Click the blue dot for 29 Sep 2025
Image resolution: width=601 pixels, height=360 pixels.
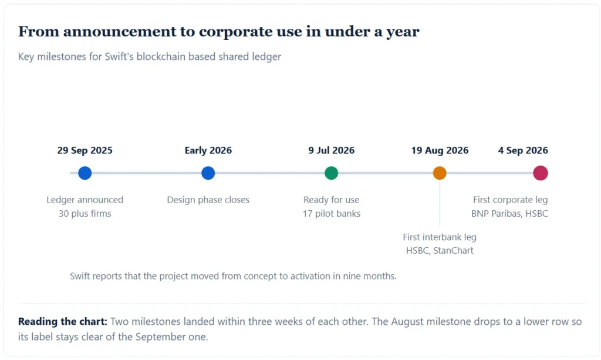pyautogui.click(x=85, y=173)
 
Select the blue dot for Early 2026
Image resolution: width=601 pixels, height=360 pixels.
pyautogui.click(x=208, y=173)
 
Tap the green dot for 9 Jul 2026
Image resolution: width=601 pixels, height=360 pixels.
pyautogui.click(x=331, y=173)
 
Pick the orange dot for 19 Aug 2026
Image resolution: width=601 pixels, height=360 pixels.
pyautogui.click(x=440, y=173)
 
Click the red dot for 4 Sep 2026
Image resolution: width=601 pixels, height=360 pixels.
pyautogui.click(x=541, y=173)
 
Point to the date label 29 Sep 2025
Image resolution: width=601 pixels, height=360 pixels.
pyautogui.click(x=85, y=150)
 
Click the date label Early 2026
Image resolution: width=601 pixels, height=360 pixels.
pyautogui.click(x=208, y=150)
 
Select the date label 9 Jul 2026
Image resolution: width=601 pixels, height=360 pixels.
pyautogui.click(x=332, y=150)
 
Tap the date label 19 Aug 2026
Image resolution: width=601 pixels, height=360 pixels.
pyautogui.click(x=440, y=150)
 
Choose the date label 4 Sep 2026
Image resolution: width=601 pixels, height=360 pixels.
pyautogui.click(x=523, y=150)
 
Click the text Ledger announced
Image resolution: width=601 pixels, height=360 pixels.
pyautogui.click(x=85, y=200)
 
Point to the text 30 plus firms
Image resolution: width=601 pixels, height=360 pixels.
pyautogui.click(x=85, y=214)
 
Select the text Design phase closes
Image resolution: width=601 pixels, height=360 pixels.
pyautogui.click(x=208, y=200)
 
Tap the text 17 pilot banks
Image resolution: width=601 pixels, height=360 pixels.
pyautogui.click(x=332, y=214)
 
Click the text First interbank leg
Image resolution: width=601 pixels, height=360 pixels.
pyautogui.click(x=440, y=237)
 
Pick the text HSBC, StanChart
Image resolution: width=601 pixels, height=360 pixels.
pyautogui.click(x=440, y=250)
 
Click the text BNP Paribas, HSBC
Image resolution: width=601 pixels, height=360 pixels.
pyautogui.click(x=509, y=214)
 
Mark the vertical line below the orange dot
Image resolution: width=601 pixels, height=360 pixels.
pyautogui.click(x=440, y=203)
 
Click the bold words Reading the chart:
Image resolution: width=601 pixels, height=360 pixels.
pyautogui.click(x=62, y=321)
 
